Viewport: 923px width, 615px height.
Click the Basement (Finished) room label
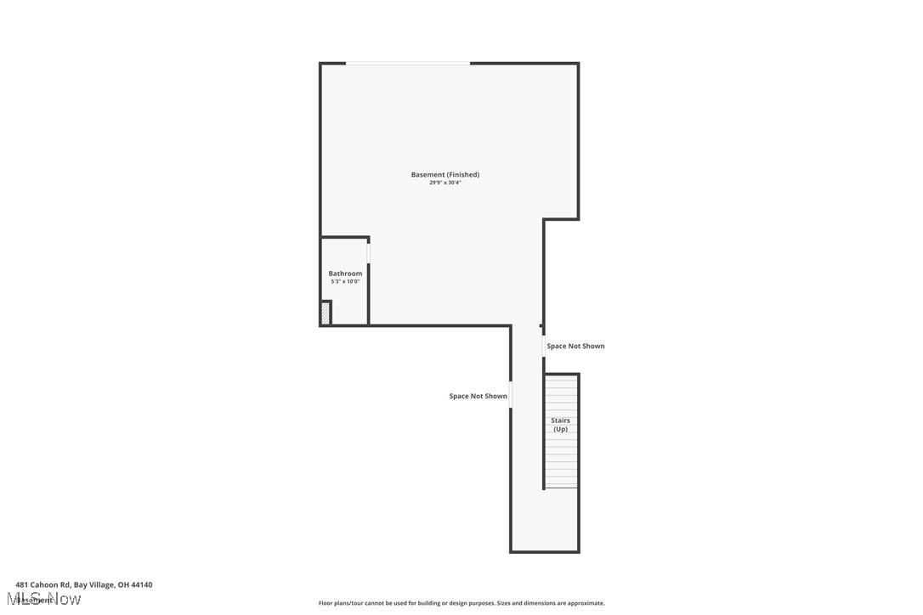click(445, 175)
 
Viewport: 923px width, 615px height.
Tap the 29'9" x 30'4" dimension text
click(445, 183)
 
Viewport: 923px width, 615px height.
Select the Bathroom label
click(345, 274)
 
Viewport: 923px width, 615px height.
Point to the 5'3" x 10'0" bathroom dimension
click(345, 281)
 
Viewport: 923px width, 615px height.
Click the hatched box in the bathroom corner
click(326, 313)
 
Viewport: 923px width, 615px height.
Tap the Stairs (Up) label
click(560, 425)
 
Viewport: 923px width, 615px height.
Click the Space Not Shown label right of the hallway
click(575, 347)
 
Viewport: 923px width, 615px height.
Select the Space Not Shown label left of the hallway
click(478, 397)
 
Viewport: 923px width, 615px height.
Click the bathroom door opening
click(369, 253)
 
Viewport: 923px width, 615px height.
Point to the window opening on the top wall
click(407, 63)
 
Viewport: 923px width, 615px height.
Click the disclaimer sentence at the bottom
click(461, 603)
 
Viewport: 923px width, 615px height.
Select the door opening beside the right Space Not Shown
click(544, 347)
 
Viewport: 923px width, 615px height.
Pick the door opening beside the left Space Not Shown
click(511, 395)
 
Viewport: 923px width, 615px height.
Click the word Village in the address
click(102, 584)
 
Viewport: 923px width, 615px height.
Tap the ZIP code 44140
click(142, 584)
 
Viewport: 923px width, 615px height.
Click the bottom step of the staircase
click(562, 483)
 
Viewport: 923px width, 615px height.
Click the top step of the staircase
click(562, 378)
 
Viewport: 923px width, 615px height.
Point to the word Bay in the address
click(81, 584)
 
